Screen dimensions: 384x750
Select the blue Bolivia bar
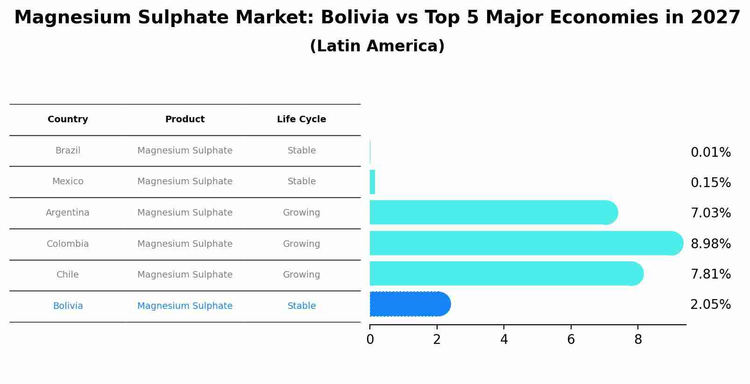click(x=409, y=304)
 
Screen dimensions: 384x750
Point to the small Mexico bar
click(x=372, y=182)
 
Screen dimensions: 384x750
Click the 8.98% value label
click(x=710, y=244)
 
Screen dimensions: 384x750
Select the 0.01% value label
click(x=710, y=153)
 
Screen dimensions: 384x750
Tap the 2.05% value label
click(x=710, y=305)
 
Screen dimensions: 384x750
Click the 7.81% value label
click(x=710, y=274)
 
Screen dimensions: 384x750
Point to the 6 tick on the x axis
click(x=571, y=340)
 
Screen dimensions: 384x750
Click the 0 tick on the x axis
click(x=370, y=340)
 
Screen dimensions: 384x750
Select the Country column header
click(x=68, y=119)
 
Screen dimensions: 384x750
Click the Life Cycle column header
click(x=301, y=119)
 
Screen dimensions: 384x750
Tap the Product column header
click(x=185, y=119)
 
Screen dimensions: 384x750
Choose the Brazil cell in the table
click(x=68, y=151)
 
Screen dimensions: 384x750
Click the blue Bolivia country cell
click(x=68, y=306)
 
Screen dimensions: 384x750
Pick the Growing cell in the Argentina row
click(x=301, y=213)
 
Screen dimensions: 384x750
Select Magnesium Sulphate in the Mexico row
click(x=185, y=182)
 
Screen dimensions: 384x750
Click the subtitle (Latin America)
click(x=377, y=46)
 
